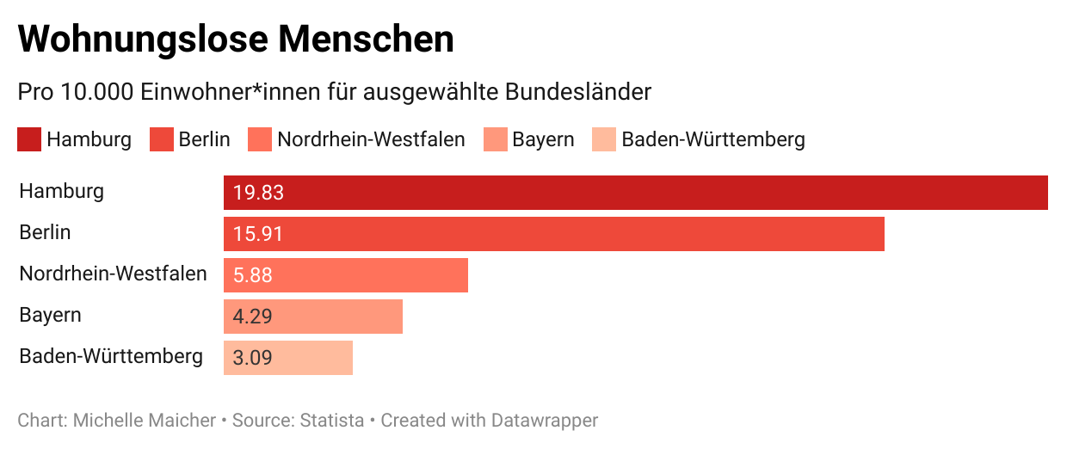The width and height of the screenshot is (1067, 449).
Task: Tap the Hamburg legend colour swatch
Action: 29,139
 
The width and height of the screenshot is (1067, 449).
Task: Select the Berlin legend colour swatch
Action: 162,139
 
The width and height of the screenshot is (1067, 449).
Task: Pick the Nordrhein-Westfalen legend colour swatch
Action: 260,139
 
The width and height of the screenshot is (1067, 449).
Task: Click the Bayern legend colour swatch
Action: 496,139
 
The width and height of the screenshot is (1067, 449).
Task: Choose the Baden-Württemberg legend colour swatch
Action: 604,139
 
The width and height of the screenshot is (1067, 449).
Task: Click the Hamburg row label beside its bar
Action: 61,191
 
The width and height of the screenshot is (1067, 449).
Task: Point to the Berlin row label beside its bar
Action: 45,232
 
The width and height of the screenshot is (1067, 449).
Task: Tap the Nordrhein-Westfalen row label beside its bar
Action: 113,274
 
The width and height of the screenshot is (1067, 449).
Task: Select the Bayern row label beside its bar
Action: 50,315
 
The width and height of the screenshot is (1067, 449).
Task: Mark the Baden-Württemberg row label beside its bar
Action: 111,356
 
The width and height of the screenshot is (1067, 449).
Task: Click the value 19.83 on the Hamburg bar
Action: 258,193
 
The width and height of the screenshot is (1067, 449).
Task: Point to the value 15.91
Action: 258,234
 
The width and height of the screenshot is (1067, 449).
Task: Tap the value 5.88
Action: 253,275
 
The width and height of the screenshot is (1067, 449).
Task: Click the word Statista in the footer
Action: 332,421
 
